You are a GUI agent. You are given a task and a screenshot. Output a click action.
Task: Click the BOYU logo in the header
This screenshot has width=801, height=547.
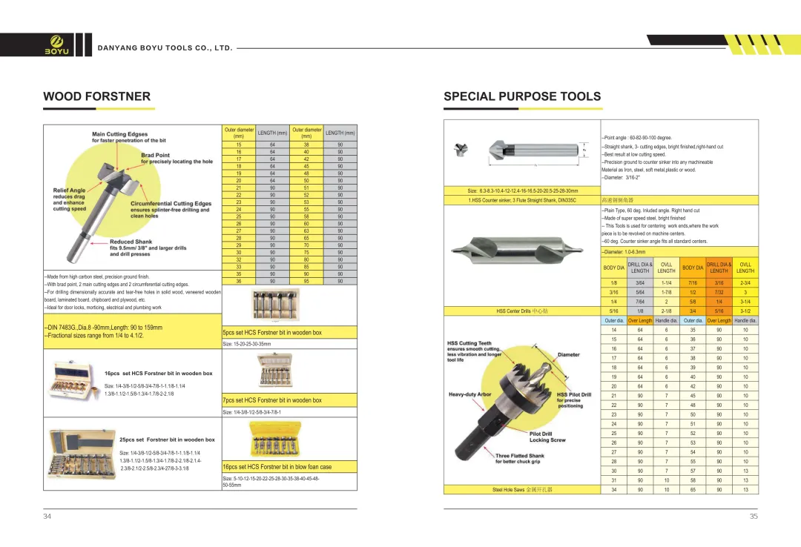(x=57, y=44)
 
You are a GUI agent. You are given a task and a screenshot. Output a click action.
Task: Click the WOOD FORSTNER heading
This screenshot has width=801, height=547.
(x=96, y=96)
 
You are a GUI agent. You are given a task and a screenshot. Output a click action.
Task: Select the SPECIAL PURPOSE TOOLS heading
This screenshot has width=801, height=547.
(x=522, y=96)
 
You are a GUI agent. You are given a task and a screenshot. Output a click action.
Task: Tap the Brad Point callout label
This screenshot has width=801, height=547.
(x=156, y=155)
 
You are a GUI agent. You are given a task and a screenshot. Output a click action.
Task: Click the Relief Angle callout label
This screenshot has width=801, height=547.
(x=69, y=190)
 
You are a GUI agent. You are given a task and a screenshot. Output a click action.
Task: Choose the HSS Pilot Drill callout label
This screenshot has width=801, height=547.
(x=574, y=394)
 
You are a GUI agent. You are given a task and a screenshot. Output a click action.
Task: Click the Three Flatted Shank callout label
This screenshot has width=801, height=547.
(x=519, y=456)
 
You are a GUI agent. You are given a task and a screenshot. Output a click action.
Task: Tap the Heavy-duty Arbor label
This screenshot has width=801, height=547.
(x=470, y=394)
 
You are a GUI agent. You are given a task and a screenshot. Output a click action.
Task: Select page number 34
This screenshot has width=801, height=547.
(x=47, y=517)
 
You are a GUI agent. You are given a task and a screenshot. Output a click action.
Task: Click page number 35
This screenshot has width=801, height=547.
(x=754, y=517)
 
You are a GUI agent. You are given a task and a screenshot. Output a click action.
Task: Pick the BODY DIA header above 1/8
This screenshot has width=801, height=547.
(x=613, y=268)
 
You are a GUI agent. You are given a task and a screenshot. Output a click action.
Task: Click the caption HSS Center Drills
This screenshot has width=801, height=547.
(x=522, y=311)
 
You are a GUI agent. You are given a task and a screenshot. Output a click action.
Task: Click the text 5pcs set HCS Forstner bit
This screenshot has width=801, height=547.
(x=272, y=333)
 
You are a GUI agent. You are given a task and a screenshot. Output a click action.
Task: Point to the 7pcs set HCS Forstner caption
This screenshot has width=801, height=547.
(x=272, y=400)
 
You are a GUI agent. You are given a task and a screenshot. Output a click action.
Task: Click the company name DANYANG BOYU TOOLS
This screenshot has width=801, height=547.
(x=165, y=48)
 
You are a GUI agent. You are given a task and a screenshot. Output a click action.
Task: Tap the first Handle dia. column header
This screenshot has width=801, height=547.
(x=666, y=321)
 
